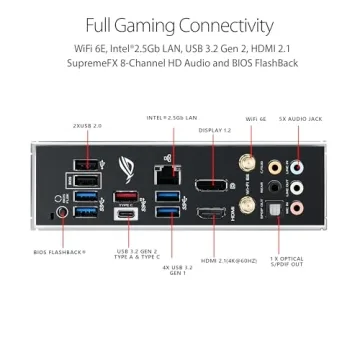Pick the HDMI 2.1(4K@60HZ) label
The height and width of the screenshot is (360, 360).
coord(226,259)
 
